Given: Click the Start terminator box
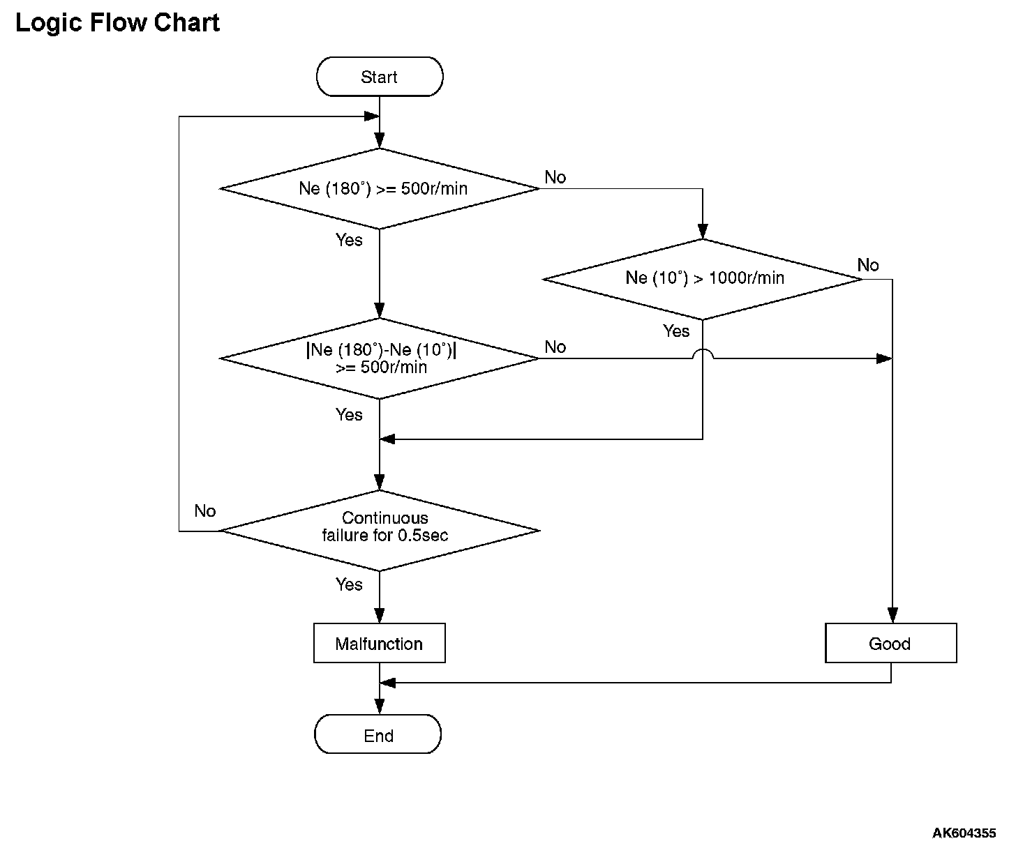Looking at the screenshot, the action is coord(380,76).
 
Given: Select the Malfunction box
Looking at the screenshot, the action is coord(380,643).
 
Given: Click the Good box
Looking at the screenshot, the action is coord(891,643).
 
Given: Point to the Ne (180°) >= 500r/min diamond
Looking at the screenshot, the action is coord(380,189).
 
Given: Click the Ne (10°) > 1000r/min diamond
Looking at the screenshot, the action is coord(703,279).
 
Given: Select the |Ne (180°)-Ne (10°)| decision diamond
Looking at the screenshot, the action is coord(380,358).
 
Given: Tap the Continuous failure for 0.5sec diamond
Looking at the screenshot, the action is coord(380,531).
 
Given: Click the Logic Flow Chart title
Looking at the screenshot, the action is coord(117,23).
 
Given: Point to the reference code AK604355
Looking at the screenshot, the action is coord(964,833).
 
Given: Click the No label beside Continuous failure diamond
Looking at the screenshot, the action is coord(205,510).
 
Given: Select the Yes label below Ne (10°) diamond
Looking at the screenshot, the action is coord(676,331).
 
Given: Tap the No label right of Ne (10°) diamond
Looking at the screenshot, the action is coord(868,265).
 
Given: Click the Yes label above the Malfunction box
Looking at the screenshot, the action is coord(349,584).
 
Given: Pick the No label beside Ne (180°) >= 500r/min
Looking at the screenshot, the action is coord(555,177).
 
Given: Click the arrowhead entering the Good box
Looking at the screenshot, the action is coord(892,615).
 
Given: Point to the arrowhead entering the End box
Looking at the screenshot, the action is coord(380,706).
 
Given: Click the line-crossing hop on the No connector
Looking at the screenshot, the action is coord(703,354).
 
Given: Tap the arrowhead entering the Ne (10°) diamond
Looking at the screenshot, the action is coord(703,231).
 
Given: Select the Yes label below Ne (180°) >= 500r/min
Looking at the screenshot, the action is coord(349,240).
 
